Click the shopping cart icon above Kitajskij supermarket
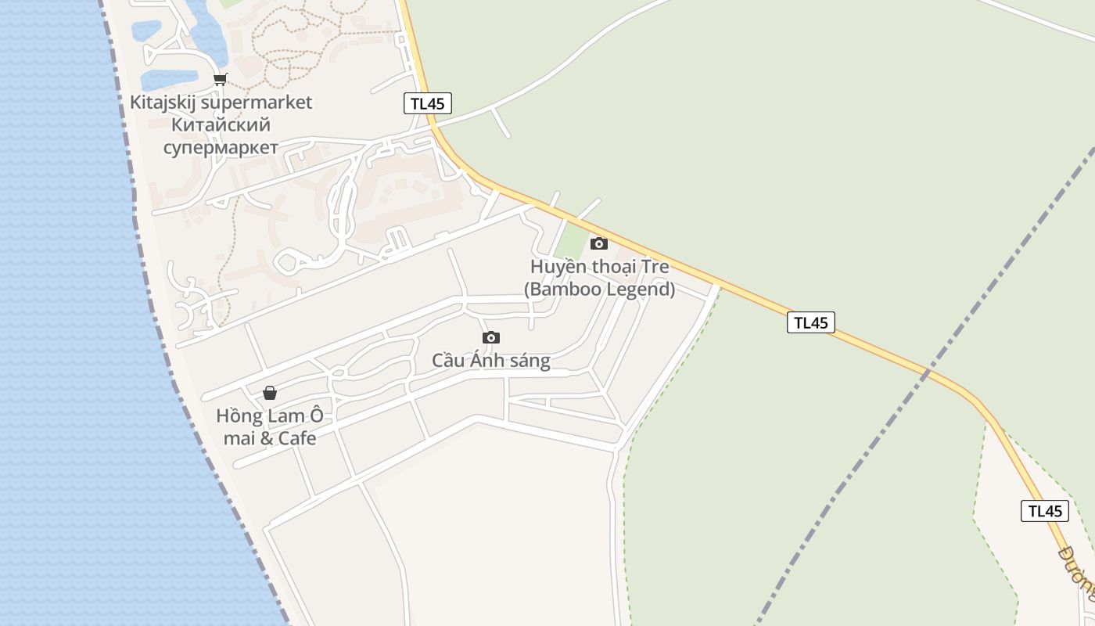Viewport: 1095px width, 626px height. (x=220, y=79)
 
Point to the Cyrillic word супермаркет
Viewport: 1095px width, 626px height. (x=221, y=148)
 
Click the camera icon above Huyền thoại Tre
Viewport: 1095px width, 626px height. (x=599, y=243)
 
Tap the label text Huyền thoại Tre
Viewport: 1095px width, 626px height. (x=599, y=267)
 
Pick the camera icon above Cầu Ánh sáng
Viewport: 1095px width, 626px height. (x=491, y=337)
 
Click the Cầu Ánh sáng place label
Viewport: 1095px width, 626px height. (x=491, y=361)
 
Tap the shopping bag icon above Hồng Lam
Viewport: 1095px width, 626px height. (x=270, y=392)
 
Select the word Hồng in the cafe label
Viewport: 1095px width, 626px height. (x=238, y=416)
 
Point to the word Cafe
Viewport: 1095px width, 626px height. (x=297, y=438)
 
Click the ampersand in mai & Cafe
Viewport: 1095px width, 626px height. (x=266, y=438)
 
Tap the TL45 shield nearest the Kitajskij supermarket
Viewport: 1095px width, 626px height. (x=428, y=103)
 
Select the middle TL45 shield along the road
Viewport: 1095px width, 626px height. (x=811, y=322)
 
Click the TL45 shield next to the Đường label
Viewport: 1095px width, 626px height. (x=1045, y=511)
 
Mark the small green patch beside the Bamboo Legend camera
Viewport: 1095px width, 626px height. (x=572, y=242)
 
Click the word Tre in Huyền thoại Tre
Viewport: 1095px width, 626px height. (x=655, y=267)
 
